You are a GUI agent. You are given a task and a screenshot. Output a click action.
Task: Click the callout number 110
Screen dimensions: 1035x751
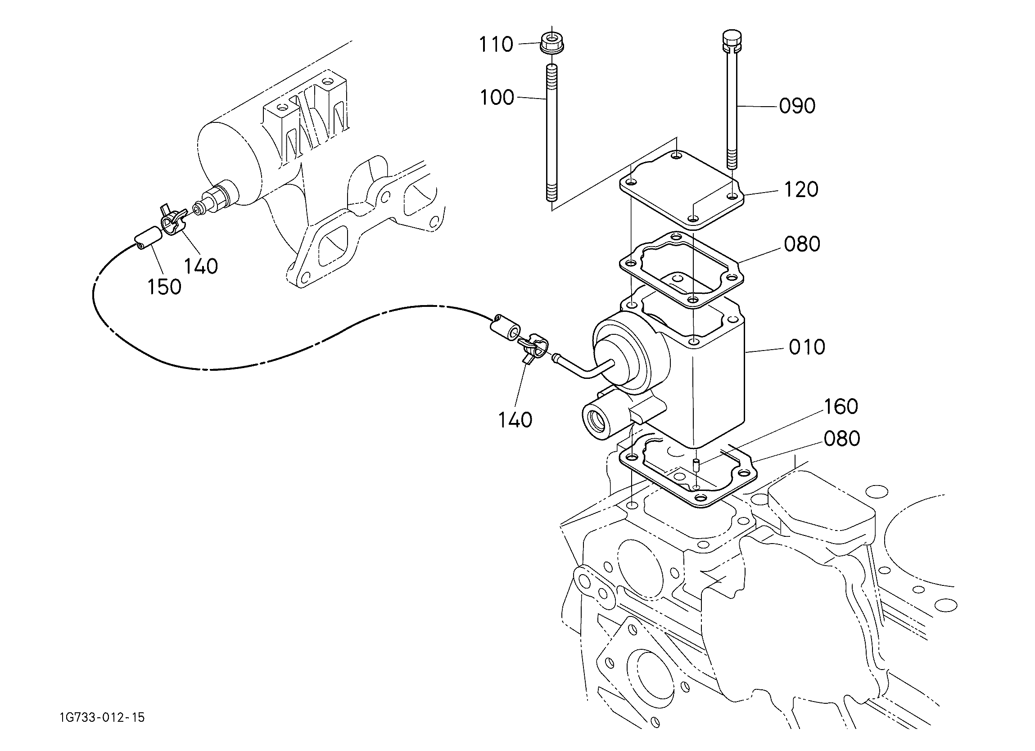496,45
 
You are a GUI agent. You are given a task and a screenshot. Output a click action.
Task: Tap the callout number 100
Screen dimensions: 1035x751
497,98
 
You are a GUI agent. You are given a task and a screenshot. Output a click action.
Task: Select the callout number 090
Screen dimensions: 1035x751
797,106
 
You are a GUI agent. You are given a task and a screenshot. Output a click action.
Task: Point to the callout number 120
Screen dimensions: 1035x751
801,190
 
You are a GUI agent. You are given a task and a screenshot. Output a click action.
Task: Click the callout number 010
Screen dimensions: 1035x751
807,348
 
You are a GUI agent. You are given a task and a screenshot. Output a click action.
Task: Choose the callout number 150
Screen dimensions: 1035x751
164,288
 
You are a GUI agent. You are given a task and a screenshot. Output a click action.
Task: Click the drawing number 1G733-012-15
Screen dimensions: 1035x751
102,718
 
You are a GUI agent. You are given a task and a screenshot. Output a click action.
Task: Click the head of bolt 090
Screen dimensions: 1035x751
732,40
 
